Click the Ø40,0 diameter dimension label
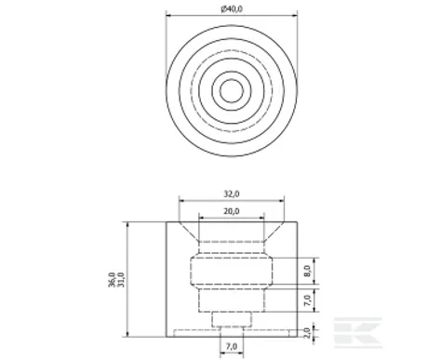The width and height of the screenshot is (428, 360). pyautogui.click(x=232, y=9)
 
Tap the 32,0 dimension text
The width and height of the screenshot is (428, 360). pyautogui.click(x=232, y=193)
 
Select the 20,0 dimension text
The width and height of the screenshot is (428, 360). pyautogui.click(x=232, y=211)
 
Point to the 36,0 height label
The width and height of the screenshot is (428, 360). pyautogui.click(x=112, y=279)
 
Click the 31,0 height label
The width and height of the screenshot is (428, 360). pyautogui.click(x=121, y=279)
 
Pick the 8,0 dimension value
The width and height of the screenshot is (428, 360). pyautogui.click(x=307, y=271)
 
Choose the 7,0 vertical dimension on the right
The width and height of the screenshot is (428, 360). pyautogui.click(x=307, y=300)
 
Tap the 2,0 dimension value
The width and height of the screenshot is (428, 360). pyautogui.click(x=307, y=333)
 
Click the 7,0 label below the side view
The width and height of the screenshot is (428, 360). pyautogui.click(x=232, y=346)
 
